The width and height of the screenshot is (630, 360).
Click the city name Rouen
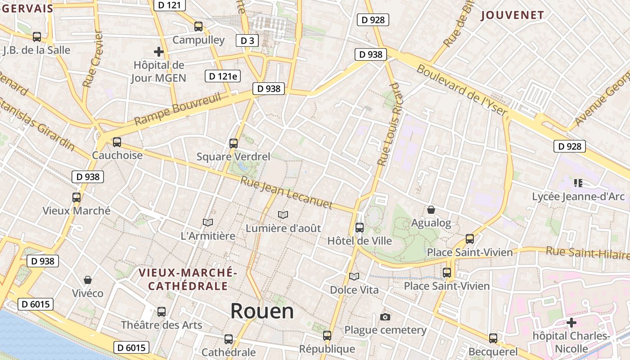[x=262, y=311]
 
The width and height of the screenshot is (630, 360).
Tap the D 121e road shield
[x=222, y=76]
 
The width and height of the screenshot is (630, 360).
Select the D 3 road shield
[x=247, y=40]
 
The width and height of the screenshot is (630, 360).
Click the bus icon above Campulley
[x=198, y=27]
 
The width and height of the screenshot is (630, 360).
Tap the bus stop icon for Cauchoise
[x=117, y=142]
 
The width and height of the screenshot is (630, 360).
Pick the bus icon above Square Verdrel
[x=233, y=144]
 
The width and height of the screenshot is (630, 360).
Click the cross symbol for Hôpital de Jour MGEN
[x=158, y=52]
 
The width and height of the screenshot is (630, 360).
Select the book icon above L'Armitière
[x=207, y=222]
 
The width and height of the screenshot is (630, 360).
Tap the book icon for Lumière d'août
[x=283, y=215]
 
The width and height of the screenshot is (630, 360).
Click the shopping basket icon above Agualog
[x=431, y=210]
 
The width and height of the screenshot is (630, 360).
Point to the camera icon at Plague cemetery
[x=385, y=317]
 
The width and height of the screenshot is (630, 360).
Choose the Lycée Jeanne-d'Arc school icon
[x=578, y=183]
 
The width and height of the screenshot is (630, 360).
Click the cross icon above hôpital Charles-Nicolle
[x=571, y=323]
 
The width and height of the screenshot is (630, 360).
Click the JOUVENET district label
[x=512, y=15]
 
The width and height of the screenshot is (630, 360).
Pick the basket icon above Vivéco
[x=88, y=280]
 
